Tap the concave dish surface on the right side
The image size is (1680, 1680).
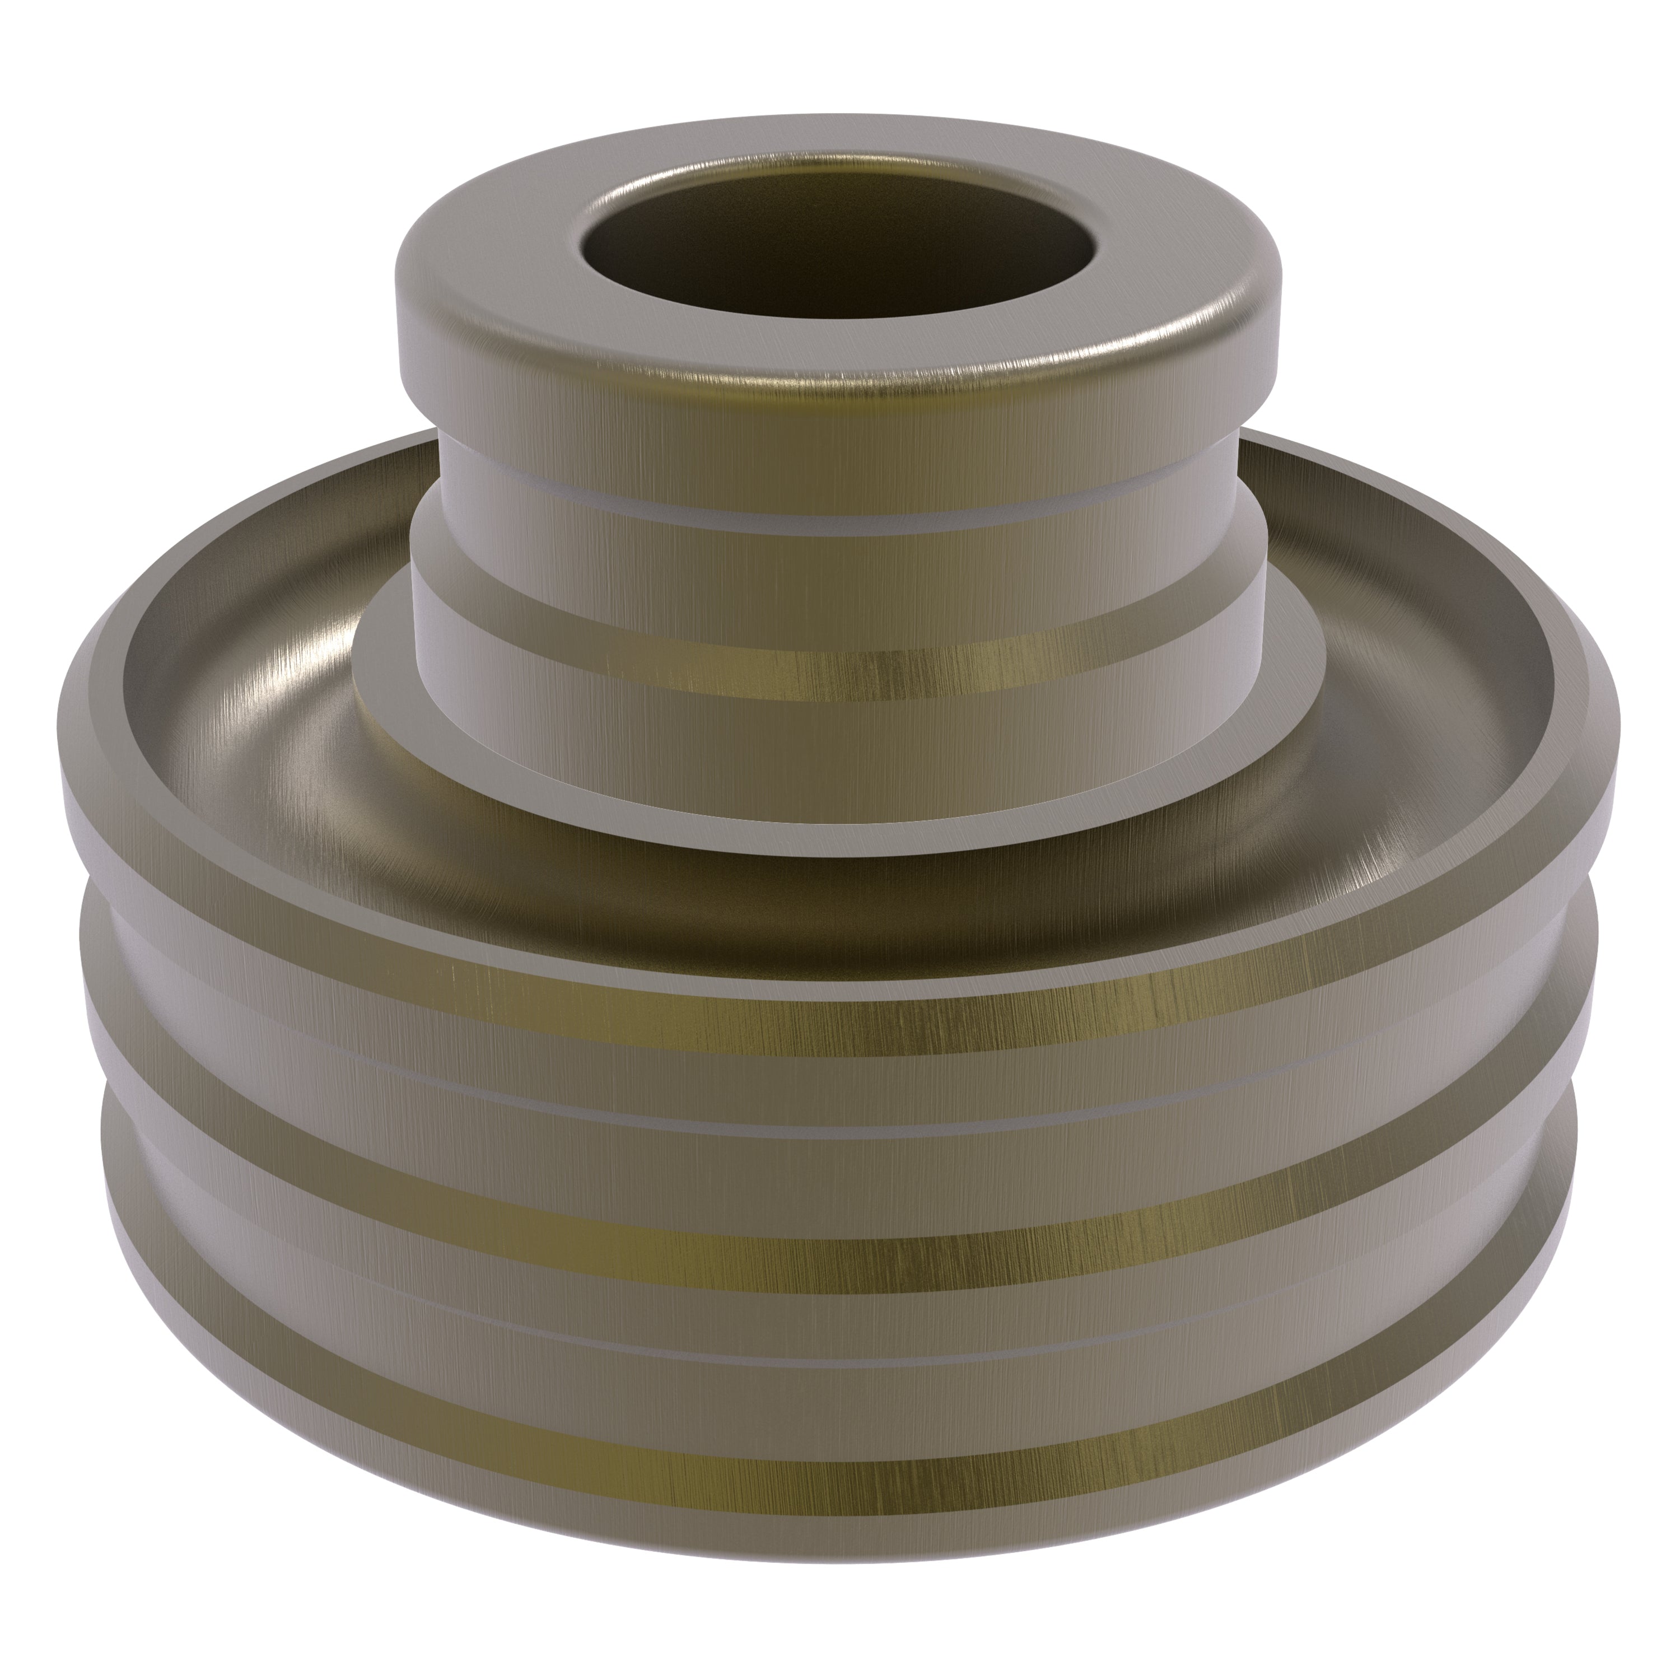(1426, 696)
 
